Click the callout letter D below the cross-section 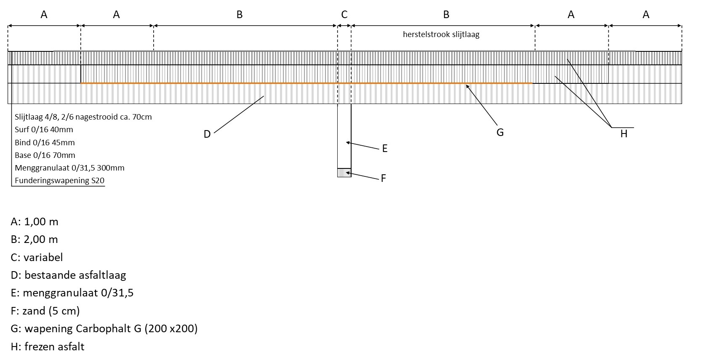[x=207, y=134]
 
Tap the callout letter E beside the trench [x=384, y=148]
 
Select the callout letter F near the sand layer [x=383, y=178]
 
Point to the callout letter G [x=500, y=133]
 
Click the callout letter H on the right [x=624, y=134]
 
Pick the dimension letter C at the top [x=344, y=15]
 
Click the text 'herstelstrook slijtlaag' [x=441, y=35]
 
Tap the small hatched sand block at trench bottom [x=344, y=173]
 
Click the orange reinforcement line [x=295, y=83]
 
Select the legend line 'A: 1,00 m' [x=35, y=221]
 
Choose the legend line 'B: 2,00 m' [x=35, y=240]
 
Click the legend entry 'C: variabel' [x=37, y=257]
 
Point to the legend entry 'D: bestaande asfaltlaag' [x=68, y=275]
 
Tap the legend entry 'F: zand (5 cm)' [x=45, y=311]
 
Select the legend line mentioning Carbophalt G [x=104, y=329]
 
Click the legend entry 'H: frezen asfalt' [x=48, y=347]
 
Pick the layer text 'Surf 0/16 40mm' [x=44, y=130]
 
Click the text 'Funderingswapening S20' [x=59, y=181]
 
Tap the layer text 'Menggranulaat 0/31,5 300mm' [x=69, y=168]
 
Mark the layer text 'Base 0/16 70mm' [x=45, y=155]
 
